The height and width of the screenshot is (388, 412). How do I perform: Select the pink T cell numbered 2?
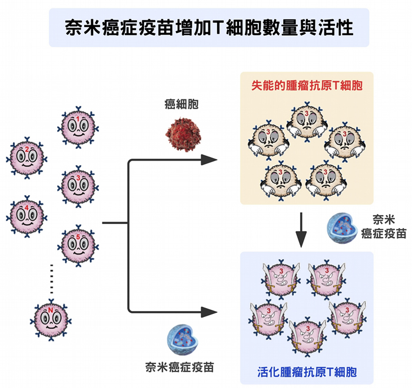click(27, 157)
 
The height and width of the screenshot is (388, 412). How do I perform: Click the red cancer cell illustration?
click(181, 131)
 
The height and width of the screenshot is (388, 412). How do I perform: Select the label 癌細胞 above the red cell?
click(181, 105)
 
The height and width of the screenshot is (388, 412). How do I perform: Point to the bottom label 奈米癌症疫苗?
click(180, 367)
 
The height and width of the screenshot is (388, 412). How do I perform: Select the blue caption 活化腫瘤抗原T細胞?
click(307, 372)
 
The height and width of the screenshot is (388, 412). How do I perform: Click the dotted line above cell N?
click(52, 277)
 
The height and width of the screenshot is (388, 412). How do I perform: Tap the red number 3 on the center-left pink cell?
click(79, 178)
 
